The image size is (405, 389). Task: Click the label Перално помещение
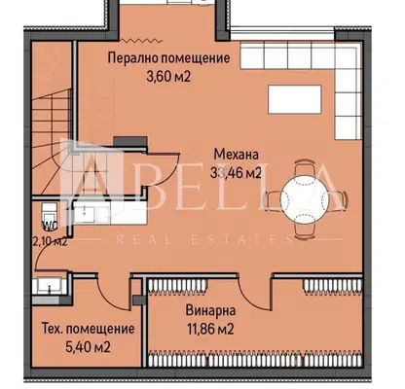point(168,58)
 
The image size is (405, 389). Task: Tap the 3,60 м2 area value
point(168,77)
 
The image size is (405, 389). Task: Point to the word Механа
point(237,155)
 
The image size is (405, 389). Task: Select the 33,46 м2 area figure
point(236,173)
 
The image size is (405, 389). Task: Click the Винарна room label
point(210,310)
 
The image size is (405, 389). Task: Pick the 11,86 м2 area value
point(210,330)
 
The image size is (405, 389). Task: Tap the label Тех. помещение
point(88,329)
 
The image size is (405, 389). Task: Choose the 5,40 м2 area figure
point(88,347)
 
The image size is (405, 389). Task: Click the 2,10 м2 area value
point(51,241)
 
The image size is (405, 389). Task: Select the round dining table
point(305,199)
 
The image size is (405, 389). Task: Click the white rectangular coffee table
point(295,99)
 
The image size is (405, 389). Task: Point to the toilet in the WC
point(50,213)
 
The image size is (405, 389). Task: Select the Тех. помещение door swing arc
point(109,300)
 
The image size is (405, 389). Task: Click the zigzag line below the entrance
point(141,41)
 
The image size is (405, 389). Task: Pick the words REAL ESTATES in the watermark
point(203,240)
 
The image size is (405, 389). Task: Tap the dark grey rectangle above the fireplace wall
point(129,141)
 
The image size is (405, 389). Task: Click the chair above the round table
point(305,168)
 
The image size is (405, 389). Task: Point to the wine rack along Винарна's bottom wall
point(255,359)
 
